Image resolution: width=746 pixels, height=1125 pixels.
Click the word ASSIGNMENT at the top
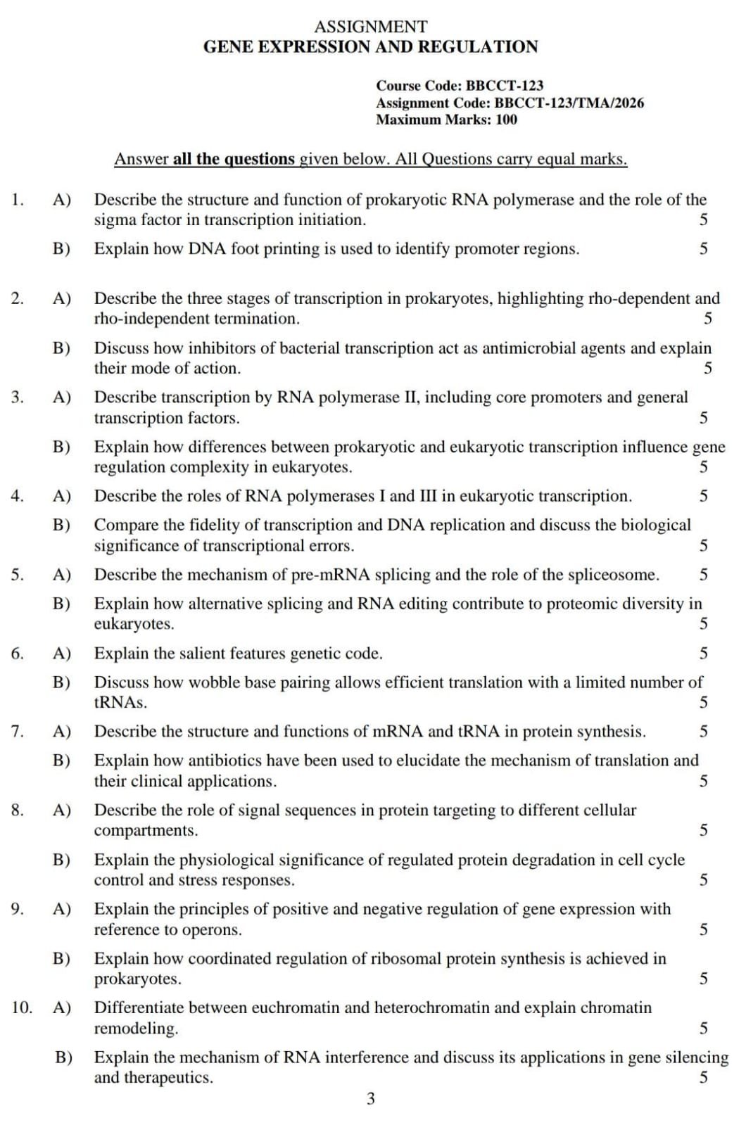pyautogui.click(x=370, y=27)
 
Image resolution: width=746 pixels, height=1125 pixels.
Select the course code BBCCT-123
pyautogui.click(x=505, y=85)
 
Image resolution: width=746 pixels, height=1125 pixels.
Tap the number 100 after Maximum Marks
pyautogui.click(x=506, y=120)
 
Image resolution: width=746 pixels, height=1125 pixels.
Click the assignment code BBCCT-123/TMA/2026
pyautogui.click(x=569, y=103)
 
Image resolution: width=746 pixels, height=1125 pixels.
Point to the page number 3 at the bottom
pyautogui.click(x=371, y=1098)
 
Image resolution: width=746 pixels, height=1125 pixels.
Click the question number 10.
pyautogui.click(x=22, y=1008)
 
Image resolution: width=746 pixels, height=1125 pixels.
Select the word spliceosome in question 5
pyautogui.click(x=617, y=575)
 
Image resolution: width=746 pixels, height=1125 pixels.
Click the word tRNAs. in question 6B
pyautogui.click(x=120, y=702)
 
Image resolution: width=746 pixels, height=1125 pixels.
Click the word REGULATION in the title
pyautogui.click(x=478, y=47)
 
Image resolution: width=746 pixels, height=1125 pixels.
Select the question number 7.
pyautogui.click(x=17, y=732)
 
